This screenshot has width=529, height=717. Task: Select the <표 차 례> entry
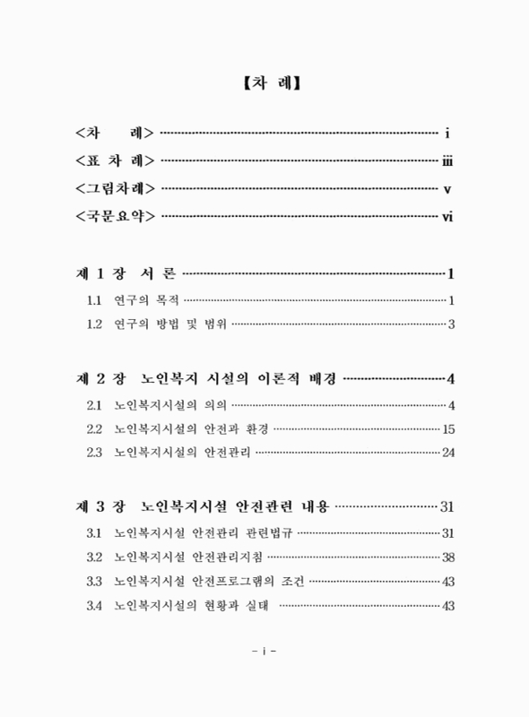(x=116, y=161)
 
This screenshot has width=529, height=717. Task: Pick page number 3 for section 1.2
(x=452, y=324)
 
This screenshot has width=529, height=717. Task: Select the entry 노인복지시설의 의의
(x=170, y=404)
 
